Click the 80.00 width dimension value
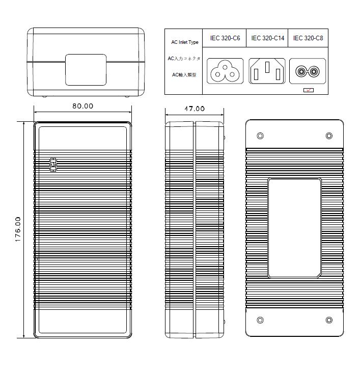point(82,106)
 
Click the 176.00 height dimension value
point(18,229)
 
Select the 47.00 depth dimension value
point(195,109)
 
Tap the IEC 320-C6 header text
point(225,38)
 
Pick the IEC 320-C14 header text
point(267,38)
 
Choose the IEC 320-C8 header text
point(308,38)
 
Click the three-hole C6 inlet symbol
point(225,71)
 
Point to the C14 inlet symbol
point(267,71)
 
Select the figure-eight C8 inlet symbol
point(308,71)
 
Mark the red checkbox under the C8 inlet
point(309,90)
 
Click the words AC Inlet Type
point(185,42)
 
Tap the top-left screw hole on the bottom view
point(260,136)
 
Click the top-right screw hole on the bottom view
point(329,136)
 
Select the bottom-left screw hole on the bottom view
point(260,320)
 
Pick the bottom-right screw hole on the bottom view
point(329,320)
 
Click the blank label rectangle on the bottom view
point(294,228)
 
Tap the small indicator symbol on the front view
point(53,165)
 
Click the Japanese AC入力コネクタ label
point(184,59)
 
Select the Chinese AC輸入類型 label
point(184,75)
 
